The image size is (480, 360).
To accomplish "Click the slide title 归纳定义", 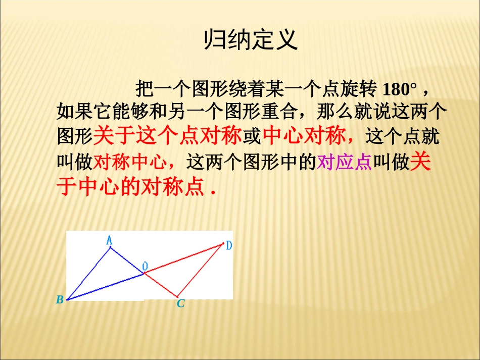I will click(x=251, y=40).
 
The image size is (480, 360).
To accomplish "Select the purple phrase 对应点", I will click(x=344, y=163).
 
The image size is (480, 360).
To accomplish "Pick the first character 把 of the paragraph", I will click(x=145, y=89).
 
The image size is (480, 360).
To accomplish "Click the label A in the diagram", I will click(x=109, y=241).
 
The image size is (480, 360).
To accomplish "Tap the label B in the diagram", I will click(x=60, y=300).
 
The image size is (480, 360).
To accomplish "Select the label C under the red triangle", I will click(x=180, y=304).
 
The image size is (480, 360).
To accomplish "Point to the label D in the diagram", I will click(x=228, y=246).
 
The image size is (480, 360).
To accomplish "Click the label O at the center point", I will click(x=145, y=266).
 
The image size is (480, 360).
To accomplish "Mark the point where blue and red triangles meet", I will click(x=144, y=273).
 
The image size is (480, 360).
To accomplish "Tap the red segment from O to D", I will click(x=183, y=259).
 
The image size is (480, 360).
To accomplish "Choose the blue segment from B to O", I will click(x=105, y=286).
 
